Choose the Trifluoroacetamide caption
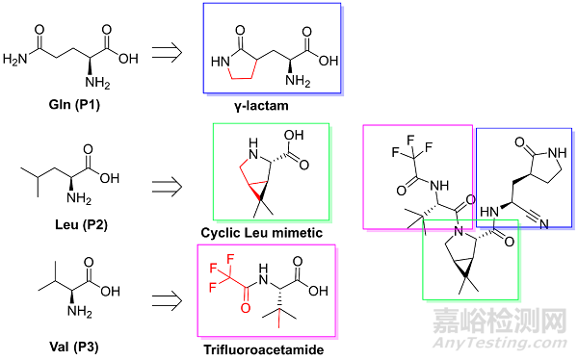[270, 350]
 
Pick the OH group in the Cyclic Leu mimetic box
[300, 137]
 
